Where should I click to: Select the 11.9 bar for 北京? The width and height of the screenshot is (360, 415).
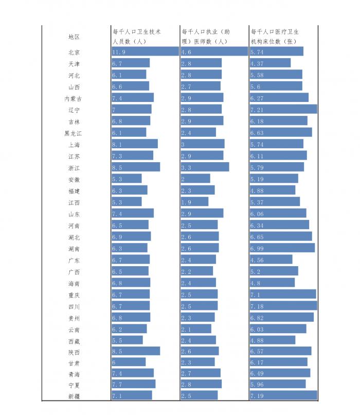coord(145,51)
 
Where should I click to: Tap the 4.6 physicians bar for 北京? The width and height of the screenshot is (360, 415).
coord(214,51)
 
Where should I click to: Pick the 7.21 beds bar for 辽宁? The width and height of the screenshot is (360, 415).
coord(283,109)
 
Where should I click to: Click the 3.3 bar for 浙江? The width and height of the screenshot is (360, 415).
coord(205,167)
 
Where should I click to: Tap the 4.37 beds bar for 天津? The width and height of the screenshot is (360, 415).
coord(270,63)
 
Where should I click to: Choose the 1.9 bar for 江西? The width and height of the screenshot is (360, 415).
coord(194,202)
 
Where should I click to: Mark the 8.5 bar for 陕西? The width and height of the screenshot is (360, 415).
coord(136,351)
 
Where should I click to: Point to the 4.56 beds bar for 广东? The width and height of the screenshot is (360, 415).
coord(271,260)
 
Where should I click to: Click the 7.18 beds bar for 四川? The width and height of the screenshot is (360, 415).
coord(283,305)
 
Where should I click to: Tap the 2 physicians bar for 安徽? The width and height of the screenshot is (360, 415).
coord(195,179)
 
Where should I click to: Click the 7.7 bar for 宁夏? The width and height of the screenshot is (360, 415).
coord(134,384)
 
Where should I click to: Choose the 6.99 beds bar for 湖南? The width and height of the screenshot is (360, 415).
coord(282,248)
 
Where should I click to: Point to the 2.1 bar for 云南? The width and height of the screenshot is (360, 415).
coord(196,328)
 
